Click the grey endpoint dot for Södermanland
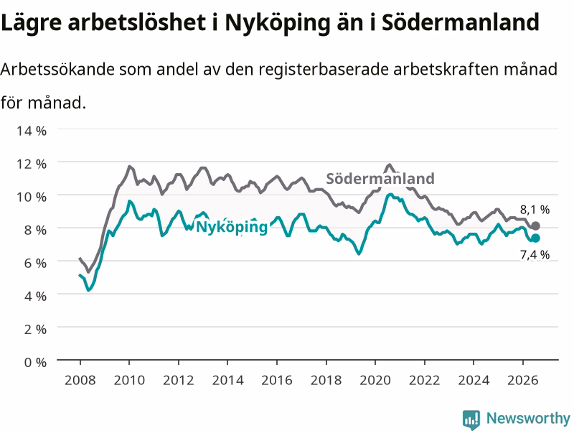[x=535, y=226]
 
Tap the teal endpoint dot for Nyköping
[x=535, y=238]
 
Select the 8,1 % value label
[x=535, y=210]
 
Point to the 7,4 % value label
[x=535, y=254]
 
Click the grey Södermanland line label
[x=380, y=178]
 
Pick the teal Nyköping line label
[x=232, y=227]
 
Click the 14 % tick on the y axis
[x=32, y=131]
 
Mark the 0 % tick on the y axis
[x=35, y=362]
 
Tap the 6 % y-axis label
[x=35, y=263]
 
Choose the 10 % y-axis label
[x=32, y=197]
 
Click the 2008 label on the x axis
[x=80, y=380]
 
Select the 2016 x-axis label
[x=277, y=380]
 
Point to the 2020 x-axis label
[x=375, y=380]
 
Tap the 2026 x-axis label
[x=523, y=380]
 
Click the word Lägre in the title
[x=31, y=23]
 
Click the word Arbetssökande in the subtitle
[x=57, y=69]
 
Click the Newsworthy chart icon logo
[x=471, y=419]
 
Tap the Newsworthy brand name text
[x=528, y=418]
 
